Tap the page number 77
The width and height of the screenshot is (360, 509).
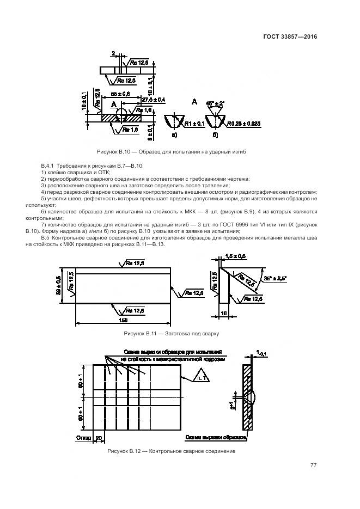313,465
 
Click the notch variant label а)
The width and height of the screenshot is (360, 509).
174,134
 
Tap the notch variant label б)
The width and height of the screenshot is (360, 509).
216,134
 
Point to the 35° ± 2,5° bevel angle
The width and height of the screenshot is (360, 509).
275,278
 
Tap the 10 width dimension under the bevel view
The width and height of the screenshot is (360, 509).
223,315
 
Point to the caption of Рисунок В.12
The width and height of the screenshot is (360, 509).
172,451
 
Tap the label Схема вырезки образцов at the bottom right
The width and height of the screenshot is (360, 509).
216,437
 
